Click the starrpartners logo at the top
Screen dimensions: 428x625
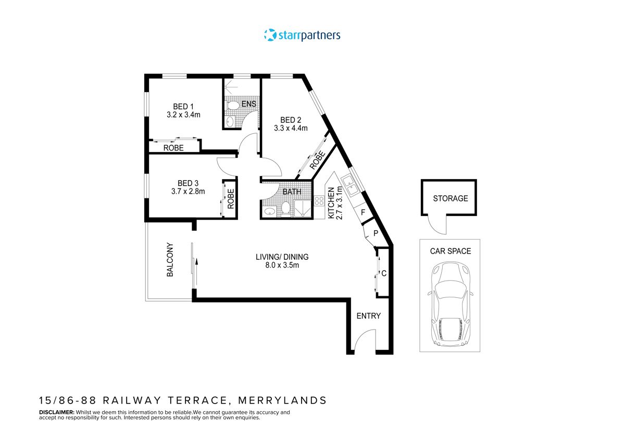click(x=302, y=35)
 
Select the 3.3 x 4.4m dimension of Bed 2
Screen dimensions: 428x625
click(x=291, y=128)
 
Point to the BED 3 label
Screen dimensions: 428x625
click(x=187, y=183)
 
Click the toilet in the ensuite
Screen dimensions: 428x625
click(x=233, y=106)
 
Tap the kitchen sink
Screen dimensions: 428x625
click(x=349, y=185)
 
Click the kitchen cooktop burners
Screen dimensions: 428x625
click(x=319, y=201)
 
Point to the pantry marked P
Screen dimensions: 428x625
click(x=374, y=234)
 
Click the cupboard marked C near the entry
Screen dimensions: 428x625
click(x=383, y=273)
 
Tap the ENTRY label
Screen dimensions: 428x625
click(x=368, y=316)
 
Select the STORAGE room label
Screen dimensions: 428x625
click(x=451, y=198)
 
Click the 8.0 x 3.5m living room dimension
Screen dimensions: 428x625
click(x=282, y=266)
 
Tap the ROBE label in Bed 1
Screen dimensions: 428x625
click(x=173, y=148)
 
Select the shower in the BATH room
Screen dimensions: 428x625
click(x=302, y=209)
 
